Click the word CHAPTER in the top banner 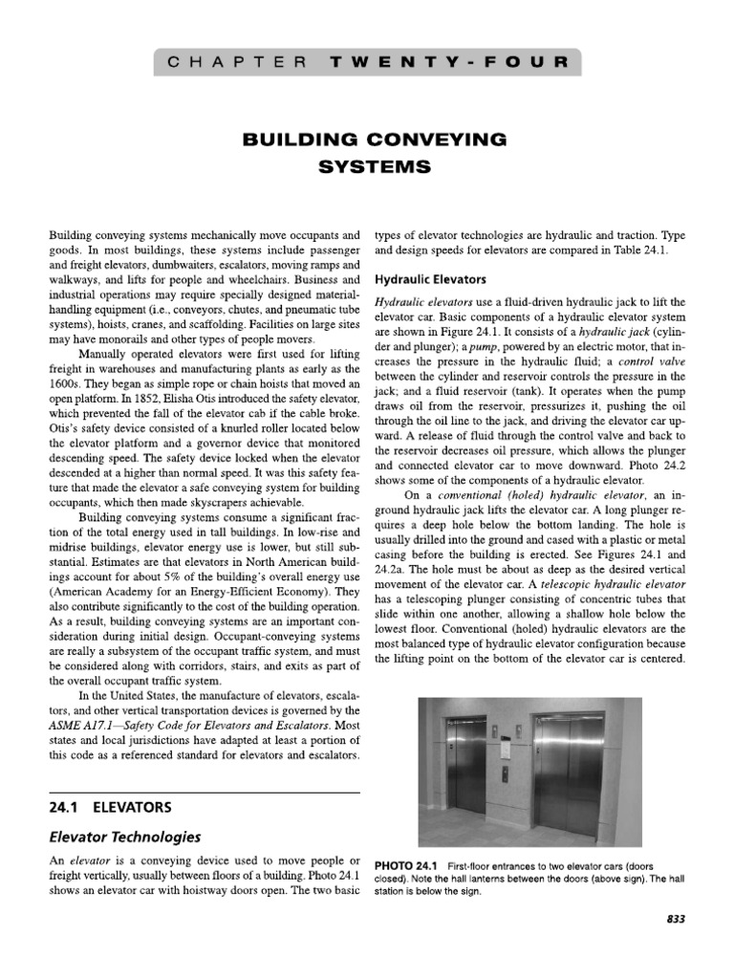(x=235, y=64)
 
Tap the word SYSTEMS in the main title (x=367, y=165)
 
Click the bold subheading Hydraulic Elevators (x=432, y=280)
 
